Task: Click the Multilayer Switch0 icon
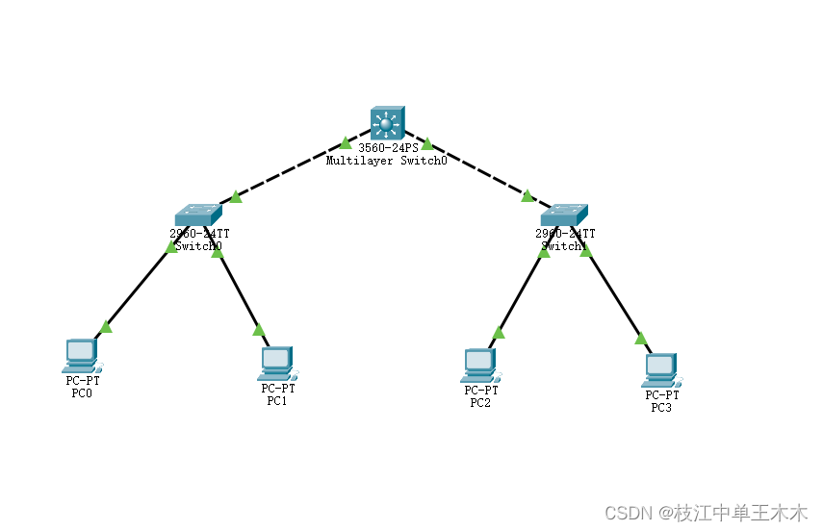[387, 123]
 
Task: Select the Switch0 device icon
[198, 215]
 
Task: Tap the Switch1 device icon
[564, 215]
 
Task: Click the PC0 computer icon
[81, 355]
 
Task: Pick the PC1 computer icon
[277, 362]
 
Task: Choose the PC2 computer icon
[479, 364]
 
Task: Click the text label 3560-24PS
[388, 148]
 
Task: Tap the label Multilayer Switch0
[386, 161]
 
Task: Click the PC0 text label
[82, 392]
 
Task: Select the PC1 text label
[277, 400]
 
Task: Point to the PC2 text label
[480, 402]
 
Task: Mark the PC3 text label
[661, 408]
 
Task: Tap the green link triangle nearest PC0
[106, 327]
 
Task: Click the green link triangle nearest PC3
[640, 338]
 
